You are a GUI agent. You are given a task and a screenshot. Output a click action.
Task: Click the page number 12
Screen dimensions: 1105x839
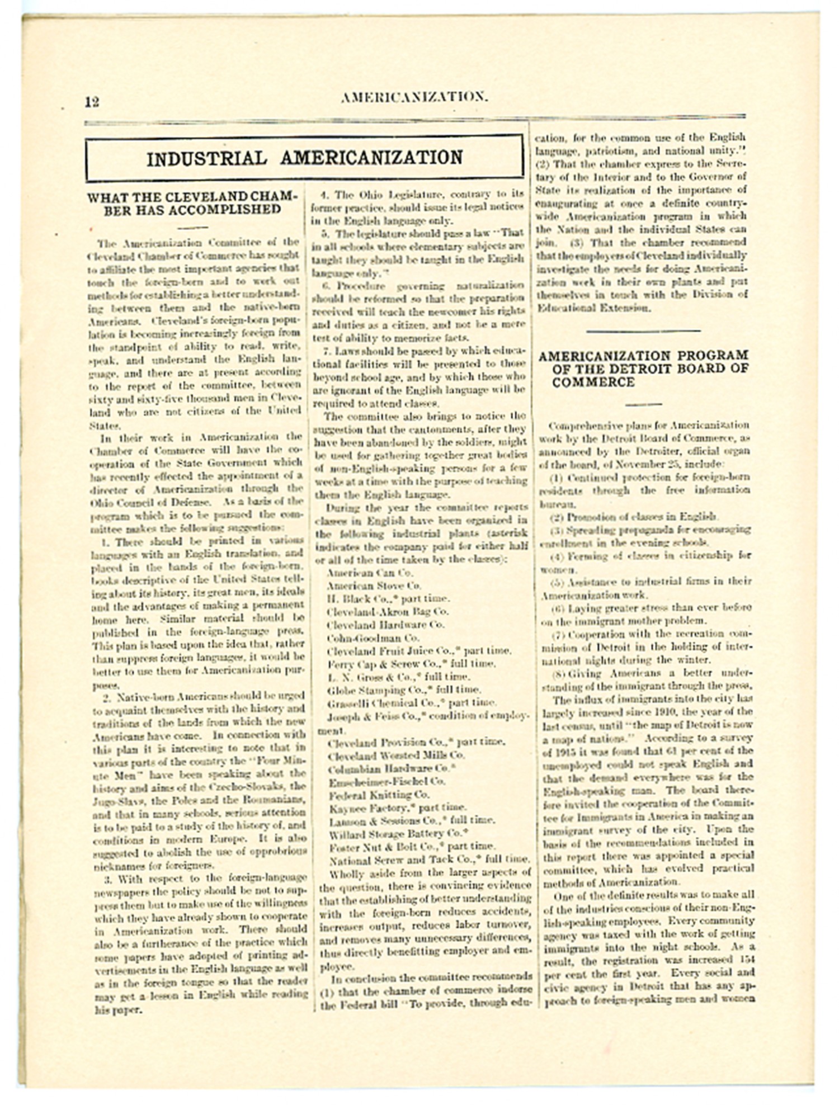92,102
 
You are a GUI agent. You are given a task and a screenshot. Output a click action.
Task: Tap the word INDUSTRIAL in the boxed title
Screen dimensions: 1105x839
206,158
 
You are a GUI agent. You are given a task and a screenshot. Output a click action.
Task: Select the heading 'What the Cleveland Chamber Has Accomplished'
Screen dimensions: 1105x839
192,203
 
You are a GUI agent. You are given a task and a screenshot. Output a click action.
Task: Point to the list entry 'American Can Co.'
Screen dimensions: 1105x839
370,573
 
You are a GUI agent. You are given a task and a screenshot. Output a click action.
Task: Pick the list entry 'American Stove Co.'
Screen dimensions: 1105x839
374,585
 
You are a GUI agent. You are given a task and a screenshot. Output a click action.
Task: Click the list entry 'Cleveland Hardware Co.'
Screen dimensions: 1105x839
385,625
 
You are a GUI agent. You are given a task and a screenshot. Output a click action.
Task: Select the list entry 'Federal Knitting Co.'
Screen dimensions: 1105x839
379,795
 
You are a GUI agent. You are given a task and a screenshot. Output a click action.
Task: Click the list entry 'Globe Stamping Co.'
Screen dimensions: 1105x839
403,690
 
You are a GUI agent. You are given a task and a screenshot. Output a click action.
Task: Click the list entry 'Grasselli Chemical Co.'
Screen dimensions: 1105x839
412,702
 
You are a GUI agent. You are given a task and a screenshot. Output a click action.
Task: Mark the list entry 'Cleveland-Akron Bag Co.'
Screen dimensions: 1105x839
388,611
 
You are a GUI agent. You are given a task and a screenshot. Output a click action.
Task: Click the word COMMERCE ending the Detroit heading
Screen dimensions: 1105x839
593,382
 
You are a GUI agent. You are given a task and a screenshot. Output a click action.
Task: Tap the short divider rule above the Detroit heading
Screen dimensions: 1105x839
643,331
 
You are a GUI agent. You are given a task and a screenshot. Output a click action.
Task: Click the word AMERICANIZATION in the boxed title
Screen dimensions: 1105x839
371,158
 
